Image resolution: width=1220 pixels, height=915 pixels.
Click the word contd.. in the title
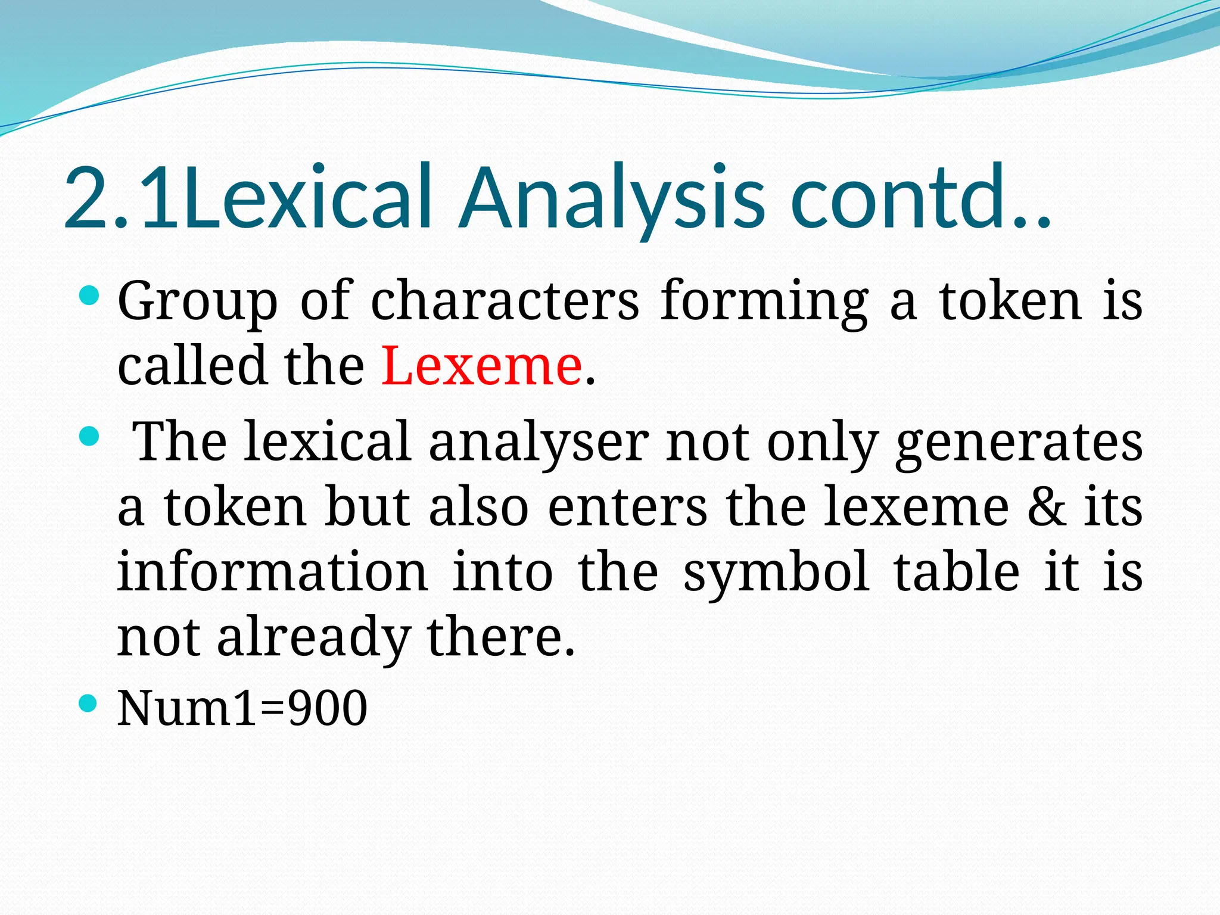pyautogui.click(x=920, y=198)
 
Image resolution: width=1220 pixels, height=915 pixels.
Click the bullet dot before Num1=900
pyautogui.click(x=88, y=704)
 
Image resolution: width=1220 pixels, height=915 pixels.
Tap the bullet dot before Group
pyautogui.click(x=88, y=295)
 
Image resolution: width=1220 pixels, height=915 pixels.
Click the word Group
pyautogui.click(x=197, y=302)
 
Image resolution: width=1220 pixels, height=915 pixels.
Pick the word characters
pyautogui.click(x=505, y=301)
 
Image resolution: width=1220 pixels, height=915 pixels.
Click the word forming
pyautogui.click(x=764, y=302)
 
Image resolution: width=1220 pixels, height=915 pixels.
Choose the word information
pyautogui.click(x=272, y=571)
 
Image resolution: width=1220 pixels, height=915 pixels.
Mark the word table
pyautogui.click(x=957, y=571)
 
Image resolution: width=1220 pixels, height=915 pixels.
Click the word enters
pyautogui.click(x=627, y=508)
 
